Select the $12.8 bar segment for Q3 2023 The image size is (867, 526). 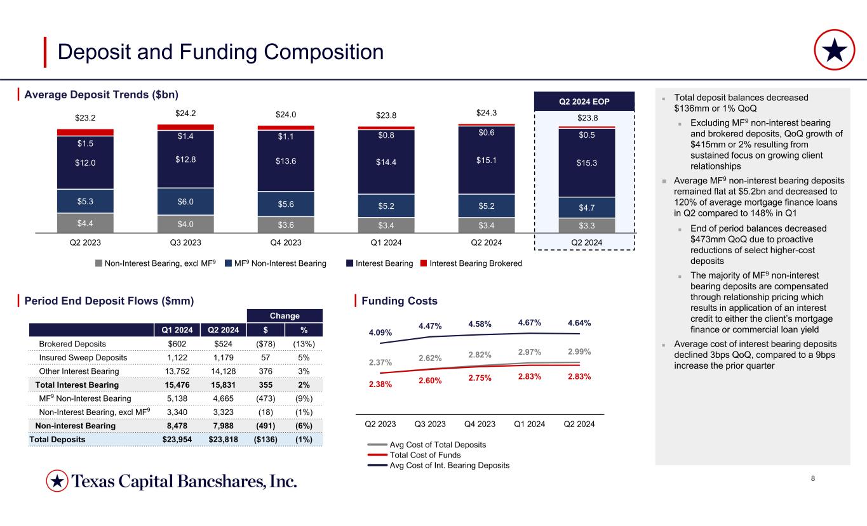pos(186,159)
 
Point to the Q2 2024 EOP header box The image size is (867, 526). pos(584,101)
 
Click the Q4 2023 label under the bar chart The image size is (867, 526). pos(286,241)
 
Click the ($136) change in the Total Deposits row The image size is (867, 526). pos(265,439)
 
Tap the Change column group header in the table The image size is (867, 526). pos(285,315)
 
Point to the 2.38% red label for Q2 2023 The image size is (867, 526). pos(380,385)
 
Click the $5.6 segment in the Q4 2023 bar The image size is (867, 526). pos(286,204)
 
